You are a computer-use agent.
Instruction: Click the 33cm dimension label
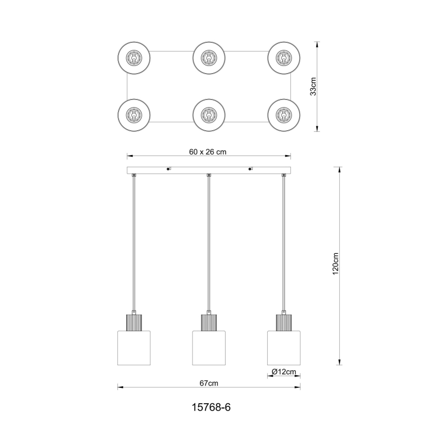click(313, 87)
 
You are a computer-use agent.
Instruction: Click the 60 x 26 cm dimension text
click(208, 151)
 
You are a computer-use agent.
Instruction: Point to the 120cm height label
click(335, 265)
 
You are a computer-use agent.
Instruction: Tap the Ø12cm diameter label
click(284, 372)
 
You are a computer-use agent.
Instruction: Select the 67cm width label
click(209, 383)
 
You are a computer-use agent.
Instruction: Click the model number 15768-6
click(208, 407)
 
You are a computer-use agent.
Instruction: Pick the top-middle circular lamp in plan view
click(208, 58)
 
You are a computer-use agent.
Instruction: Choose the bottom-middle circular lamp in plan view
click(208, 114)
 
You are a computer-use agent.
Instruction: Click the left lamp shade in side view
click(133, 348)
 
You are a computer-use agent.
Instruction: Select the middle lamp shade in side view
click(209, 348)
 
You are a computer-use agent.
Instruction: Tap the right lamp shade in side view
click(284, 348)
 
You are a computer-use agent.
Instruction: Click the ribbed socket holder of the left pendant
click(133, 322)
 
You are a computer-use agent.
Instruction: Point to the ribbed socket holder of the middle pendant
click(209, 322)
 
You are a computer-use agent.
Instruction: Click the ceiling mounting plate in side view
click(209, 170)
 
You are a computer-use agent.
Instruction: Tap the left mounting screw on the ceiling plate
click(168, 168)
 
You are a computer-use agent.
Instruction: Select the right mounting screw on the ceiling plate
click(250, 168)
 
